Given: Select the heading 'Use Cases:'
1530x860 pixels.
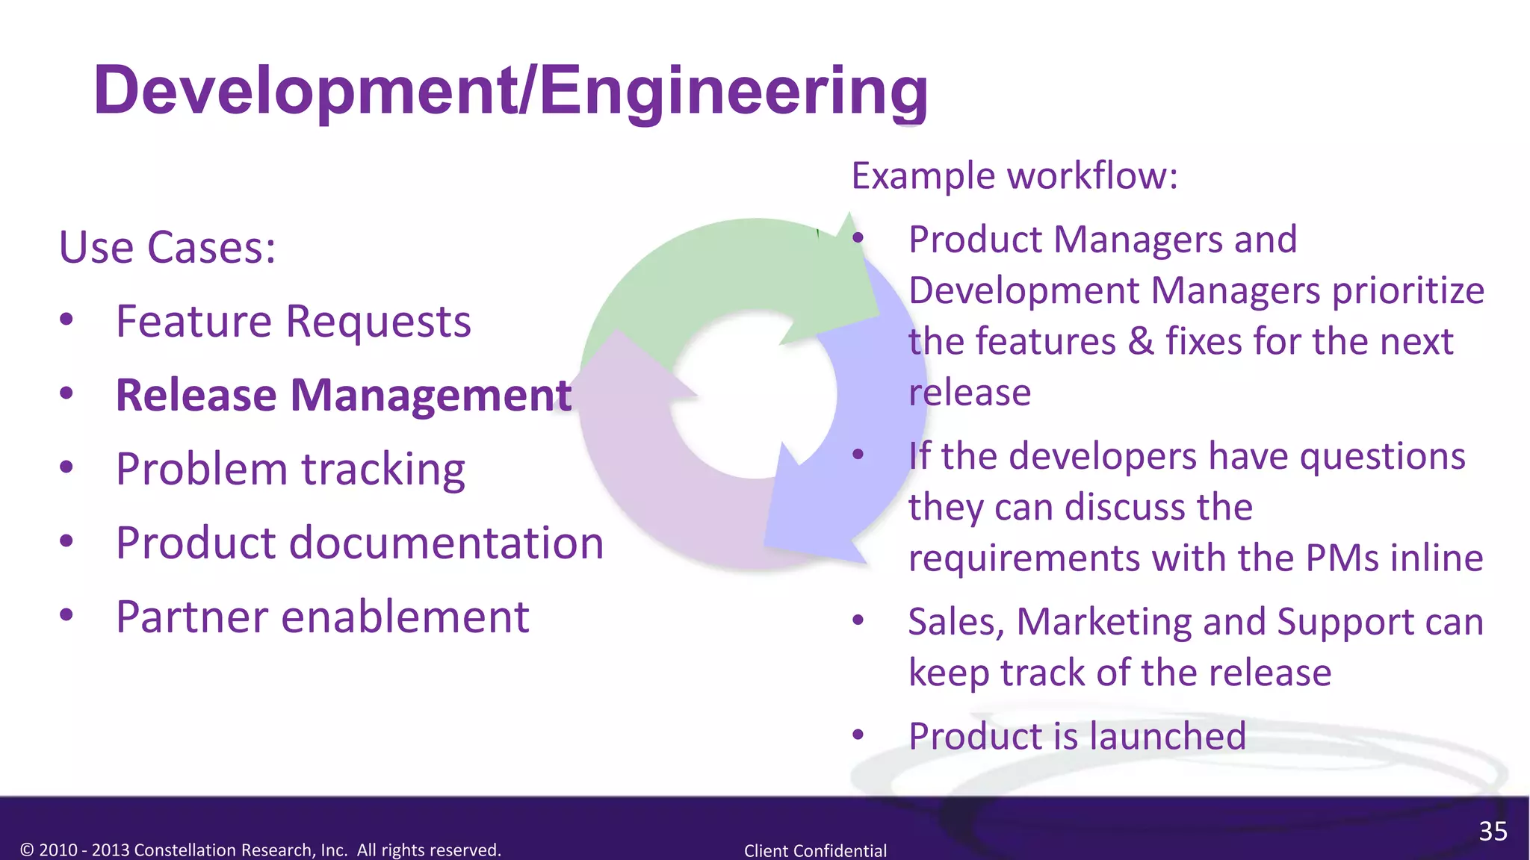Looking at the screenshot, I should pyautogui.click(x=167, y=248).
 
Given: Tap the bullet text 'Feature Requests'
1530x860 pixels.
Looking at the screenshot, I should pyautogui.click(x=293, y=322).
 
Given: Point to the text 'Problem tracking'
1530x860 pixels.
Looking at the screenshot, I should pyautogui.click(x=290, y=470).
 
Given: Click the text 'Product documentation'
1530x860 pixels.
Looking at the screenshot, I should pyautogui.click(x=359, y=543).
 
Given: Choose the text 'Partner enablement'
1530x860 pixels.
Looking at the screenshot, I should pyautogui.click(x=322, y=617).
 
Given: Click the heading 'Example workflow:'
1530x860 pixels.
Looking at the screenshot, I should pyautogui.click(x=1014, y=176).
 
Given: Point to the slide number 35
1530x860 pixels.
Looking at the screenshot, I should pyautogui.click(x=1493, y=831).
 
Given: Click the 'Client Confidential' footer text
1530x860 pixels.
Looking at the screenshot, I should pyautogui.click(x=815, y=850).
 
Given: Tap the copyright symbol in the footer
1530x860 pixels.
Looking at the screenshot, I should pyautogui.click(x=27, y=850).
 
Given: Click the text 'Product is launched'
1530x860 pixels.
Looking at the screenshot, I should pyautogui.click(x=1077, y=736).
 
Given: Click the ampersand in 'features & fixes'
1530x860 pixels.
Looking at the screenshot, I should pyautogui.click(x=1141, y=342).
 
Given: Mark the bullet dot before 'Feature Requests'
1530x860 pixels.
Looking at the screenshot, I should pyautogui.click(x=66, y=320).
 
